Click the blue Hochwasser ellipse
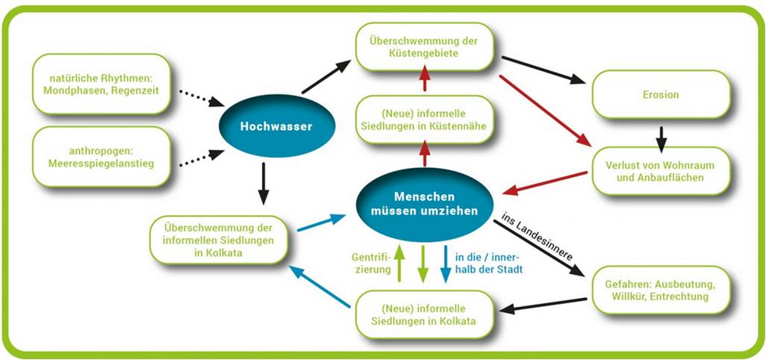pos(276,126)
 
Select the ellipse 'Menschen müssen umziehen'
pos(425,204)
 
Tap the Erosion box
pos(661,94)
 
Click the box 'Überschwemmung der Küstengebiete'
pos(424,47)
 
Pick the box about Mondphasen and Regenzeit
pos(101,84)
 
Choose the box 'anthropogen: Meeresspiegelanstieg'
pos(101,157)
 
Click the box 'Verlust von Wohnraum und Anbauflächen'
pos(661,171)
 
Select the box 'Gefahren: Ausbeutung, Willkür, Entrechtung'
pos(661,290)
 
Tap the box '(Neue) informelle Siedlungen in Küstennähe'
pos(424,120)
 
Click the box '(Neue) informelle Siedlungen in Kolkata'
pos(424,314)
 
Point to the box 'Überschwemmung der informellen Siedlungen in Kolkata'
pos(218,240)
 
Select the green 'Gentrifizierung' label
pos(371,263)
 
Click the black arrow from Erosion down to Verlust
pos(661,140)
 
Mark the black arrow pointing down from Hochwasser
pos(264,184)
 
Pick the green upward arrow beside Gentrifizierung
pos(399,264)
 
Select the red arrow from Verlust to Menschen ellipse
pos(545,183)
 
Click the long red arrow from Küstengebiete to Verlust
pos(545,111)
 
